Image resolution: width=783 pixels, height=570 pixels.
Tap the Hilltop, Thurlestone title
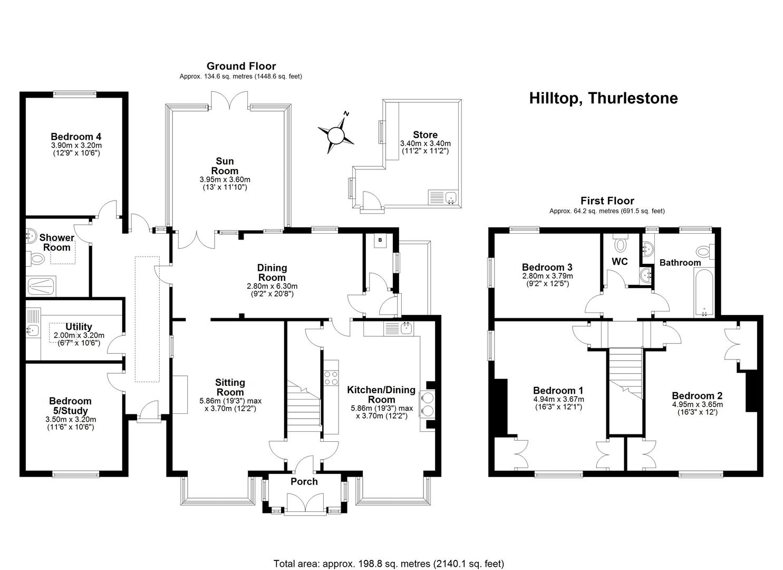603,98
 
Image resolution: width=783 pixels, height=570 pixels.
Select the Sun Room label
225,166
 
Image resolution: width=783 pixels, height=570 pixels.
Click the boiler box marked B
380,241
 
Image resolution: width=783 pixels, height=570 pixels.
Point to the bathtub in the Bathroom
704,292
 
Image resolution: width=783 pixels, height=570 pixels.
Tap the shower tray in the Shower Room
41,286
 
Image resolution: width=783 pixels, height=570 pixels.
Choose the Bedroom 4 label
76,137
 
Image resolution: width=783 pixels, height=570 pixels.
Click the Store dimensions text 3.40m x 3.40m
425,144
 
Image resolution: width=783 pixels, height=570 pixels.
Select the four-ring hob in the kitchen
331,377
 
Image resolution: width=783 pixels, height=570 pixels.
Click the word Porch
304,481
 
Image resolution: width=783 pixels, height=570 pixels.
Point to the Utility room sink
33,330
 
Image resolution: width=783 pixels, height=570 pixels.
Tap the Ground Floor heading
241,66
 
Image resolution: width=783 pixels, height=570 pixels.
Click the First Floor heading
607,201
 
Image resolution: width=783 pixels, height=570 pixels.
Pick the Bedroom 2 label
697,395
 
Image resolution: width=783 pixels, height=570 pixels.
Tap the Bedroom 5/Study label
70,405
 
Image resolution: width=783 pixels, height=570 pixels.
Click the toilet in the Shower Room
36,260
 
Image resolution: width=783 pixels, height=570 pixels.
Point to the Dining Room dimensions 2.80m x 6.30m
272,286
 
